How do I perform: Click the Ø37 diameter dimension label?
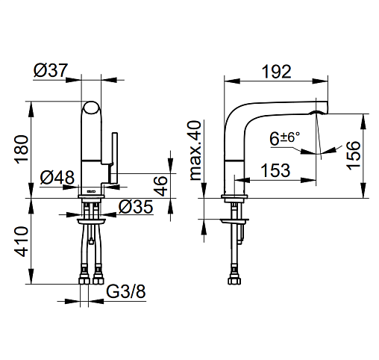[x=51, y=70]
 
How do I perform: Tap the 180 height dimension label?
[x=22, y=149]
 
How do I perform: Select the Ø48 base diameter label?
[x=57, y=177]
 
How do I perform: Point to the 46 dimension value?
[x=160, y=186]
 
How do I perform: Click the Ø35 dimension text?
[x=136, y=207]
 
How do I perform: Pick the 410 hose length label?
[x=22, y=241]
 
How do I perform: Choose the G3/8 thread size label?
[x=126, y=291]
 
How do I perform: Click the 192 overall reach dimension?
[x=277, y=72]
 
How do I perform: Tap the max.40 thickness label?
[x=195, y=150]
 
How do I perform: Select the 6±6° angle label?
[x=285, y=138]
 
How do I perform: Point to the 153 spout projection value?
[x=275, y=170]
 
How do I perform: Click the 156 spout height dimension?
[x=354, y=155]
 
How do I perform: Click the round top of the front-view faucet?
[x=91, y=108]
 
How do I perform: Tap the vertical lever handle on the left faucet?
[x=115, y=158]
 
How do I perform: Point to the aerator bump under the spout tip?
[x=316, y=113]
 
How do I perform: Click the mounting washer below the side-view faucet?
[x=234, y=222]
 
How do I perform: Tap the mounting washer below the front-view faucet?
[x=91, y=222]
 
